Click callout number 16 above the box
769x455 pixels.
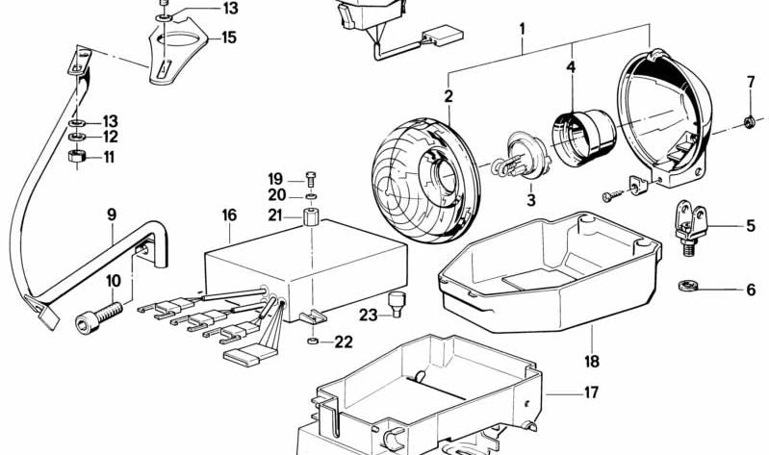point(229,215)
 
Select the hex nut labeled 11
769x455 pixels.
point(76,157)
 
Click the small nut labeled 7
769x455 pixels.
point(749,121)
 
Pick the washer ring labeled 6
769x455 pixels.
point(687,286)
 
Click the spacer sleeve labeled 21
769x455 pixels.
point(311,216)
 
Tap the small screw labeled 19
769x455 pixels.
point(311,179)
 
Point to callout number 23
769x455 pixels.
point(369,315)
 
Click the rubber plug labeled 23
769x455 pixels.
point(397,304)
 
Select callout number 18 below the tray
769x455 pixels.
point(592,362)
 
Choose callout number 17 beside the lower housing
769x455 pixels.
point(592,392)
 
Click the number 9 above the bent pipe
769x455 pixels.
point(112,215)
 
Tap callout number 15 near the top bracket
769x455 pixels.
point(229,38)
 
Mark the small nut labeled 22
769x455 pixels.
point(312,341)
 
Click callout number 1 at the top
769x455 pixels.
point(523,29)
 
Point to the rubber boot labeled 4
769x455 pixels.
point(583,139)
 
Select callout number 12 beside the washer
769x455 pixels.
point(111,137)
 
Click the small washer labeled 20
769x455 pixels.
point(311,196)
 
